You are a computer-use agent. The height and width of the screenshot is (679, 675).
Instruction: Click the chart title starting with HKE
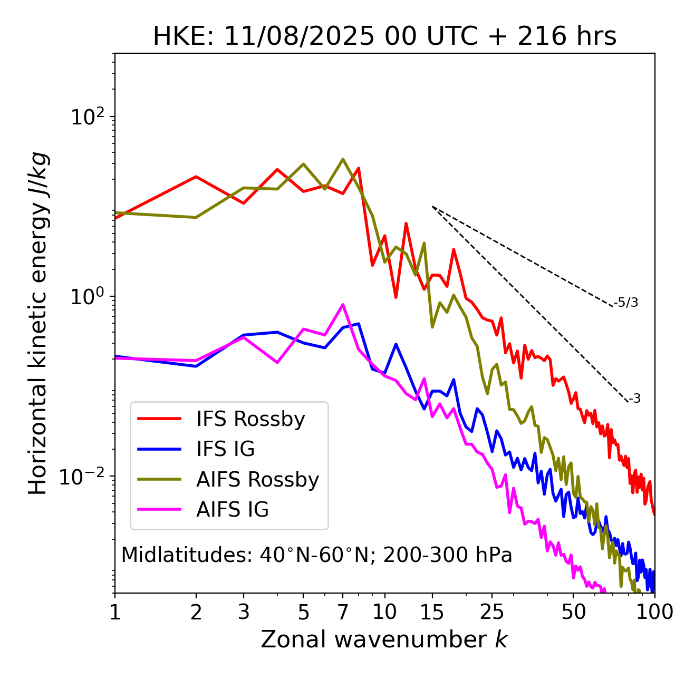(x=384, y=37)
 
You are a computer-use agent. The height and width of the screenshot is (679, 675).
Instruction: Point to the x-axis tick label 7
(x=343, y=612)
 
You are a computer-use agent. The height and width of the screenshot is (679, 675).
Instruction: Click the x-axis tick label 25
(x=492, y=612)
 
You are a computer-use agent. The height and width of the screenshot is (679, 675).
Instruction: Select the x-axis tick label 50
(x=573, y=612)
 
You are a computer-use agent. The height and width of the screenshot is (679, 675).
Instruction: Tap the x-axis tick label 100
(x=654, y=612)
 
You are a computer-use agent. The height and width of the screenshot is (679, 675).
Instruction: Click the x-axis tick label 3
(x=244, y=612)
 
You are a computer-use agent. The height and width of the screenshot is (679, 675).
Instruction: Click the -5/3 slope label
(x=626, y=303)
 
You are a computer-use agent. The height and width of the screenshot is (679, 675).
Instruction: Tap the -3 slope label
(x=634, y=399)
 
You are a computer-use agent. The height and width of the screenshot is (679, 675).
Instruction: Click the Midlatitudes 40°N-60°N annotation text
(x=316, y=555)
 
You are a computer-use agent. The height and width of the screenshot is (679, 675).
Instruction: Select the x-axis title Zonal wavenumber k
(x=384, y=639)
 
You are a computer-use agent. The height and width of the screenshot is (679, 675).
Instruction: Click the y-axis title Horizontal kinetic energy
(x=38, y=323)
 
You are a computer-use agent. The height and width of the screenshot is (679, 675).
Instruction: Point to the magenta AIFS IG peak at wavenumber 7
(x=343, y=305)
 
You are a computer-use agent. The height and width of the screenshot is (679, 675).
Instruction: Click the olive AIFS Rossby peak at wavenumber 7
(x=343, y=159)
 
